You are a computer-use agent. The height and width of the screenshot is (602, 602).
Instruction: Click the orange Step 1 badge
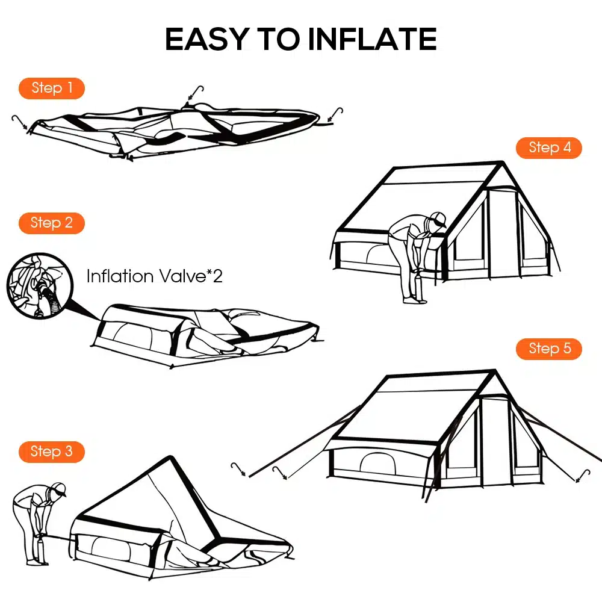point(52,88)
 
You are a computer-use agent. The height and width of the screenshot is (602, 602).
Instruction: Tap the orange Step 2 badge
point(52,223)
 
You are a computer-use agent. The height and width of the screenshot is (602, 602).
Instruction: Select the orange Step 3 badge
point(52,451)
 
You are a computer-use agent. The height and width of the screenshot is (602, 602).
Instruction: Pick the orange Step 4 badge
point(549,147)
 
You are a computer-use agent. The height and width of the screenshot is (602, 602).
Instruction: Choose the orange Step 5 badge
point(549,349)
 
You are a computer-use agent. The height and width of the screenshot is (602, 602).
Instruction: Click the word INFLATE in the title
point(372,40)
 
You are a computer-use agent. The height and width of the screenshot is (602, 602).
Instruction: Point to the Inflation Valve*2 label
point(154,277)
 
